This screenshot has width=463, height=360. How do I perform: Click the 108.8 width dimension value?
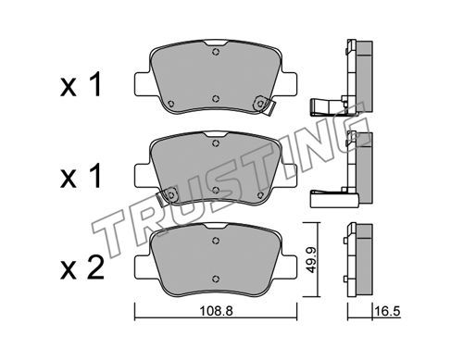click(216, 311)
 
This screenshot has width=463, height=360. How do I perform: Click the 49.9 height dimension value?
click(312, 259)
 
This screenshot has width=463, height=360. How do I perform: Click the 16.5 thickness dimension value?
click(387, 312)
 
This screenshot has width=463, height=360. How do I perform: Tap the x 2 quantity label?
click(82, 268)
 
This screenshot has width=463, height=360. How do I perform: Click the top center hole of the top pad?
click(216, 52)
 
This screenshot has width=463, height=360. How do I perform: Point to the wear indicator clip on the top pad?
click(266, 106)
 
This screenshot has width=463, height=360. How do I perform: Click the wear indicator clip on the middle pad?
click(166, 197)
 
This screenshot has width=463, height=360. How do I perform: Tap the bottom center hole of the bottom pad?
click(216, 279)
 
